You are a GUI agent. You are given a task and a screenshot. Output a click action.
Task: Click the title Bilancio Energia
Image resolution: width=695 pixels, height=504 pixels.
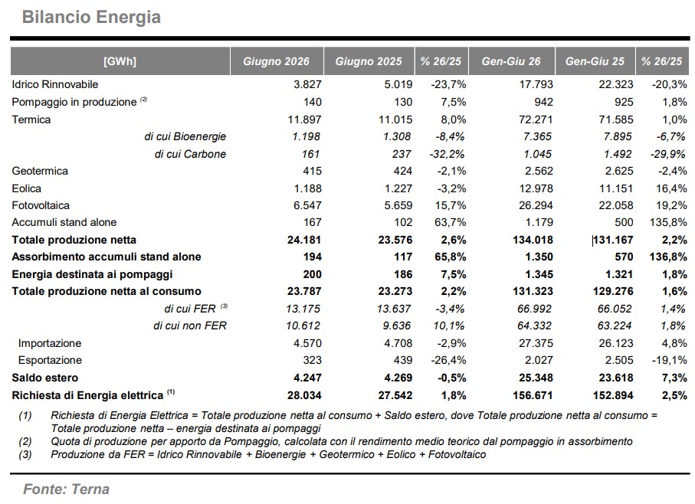point(91,18)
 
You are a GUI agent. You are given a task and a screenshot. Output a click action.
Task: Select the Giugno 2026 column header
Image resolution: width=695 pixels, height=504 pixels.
point(276,61)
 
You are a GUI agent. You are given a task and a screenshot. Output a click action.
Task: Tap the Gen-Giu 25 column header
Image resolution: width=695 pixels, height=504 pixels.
point(595,61)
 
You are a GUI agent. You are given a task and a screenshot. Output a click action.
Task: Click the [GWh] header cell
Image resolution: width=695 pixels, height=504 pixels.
point(120,61)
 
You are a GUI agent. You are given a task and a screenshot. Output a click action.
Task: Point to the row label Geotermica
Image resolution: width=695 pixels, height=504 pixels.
point(40,171)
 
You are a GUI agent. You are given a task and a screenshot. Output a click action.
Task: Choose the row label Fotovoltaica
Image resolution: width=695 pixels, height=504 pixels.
point(41,205)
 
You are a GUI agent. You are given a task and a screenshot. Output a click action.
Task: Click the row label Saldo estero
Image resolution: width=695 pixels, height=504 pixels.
point(44,378)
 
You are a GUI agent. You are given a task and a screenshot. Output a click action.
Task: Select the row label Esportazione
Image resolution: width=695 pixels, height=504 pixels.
point(50,360)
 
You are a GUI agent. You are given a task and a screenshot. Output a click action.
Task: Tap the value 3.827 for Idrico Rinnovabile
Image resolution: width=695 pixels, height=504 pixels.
point(307,84)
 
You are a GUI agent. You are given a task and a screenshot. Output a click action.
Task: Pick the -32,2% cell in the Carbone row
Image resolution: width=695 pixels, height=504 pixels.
point(447,154)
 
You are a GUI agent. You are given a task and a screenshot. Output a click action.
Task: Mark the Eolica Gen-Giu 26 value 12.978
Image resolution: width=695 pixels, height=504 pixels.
point(536,188)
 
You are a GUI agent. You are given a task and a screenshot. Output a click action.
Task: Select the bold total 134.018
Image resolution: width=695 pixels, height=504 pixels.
point(533,240)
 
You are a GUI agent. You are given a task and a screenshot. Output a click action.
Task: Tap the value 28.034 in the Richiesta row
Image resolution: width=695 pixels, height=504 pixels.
point(304,395)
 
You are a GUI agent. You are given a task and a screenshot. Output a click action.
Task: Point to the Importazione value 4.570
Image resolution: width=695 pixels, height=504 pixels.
point(307,343)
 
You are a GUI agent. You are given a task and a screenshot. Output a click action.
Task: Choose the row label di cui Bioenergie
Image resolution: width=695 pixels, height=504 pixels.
point(185,136)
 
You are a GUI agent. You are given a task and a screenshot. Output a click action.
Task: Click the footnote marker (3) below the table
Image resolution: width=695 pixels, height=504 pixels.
point(25,454)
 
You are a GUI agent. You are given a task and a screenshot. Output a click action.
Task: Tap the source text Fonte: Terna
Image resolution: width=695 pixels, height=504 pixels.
point(67,489)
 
